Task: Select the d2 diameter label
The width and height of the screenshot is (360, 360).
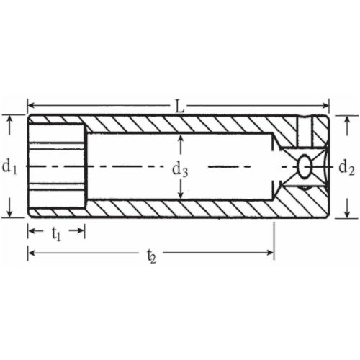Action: [x=346, y=168]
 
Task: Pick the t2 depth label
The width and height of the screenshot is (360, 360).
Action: [x=150, y=254]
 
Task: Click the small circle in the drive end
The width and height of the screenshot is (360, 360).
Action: [x=305, y=166]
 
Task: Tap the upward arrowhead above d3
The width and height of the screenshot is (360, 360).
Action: [x=180, y=139]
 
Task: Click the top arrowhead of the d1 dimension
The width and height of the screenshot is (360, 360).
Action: [x=9, y=120]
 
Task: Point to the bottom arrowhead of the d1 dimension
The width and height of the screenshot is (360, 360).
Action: [x=9, y=213]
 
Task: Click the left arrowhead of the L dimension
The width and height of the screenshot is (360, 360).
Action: [x=32, y=107]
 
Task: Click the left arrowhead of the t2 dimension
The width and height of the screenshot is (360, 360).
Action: [x=32, y=252]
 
